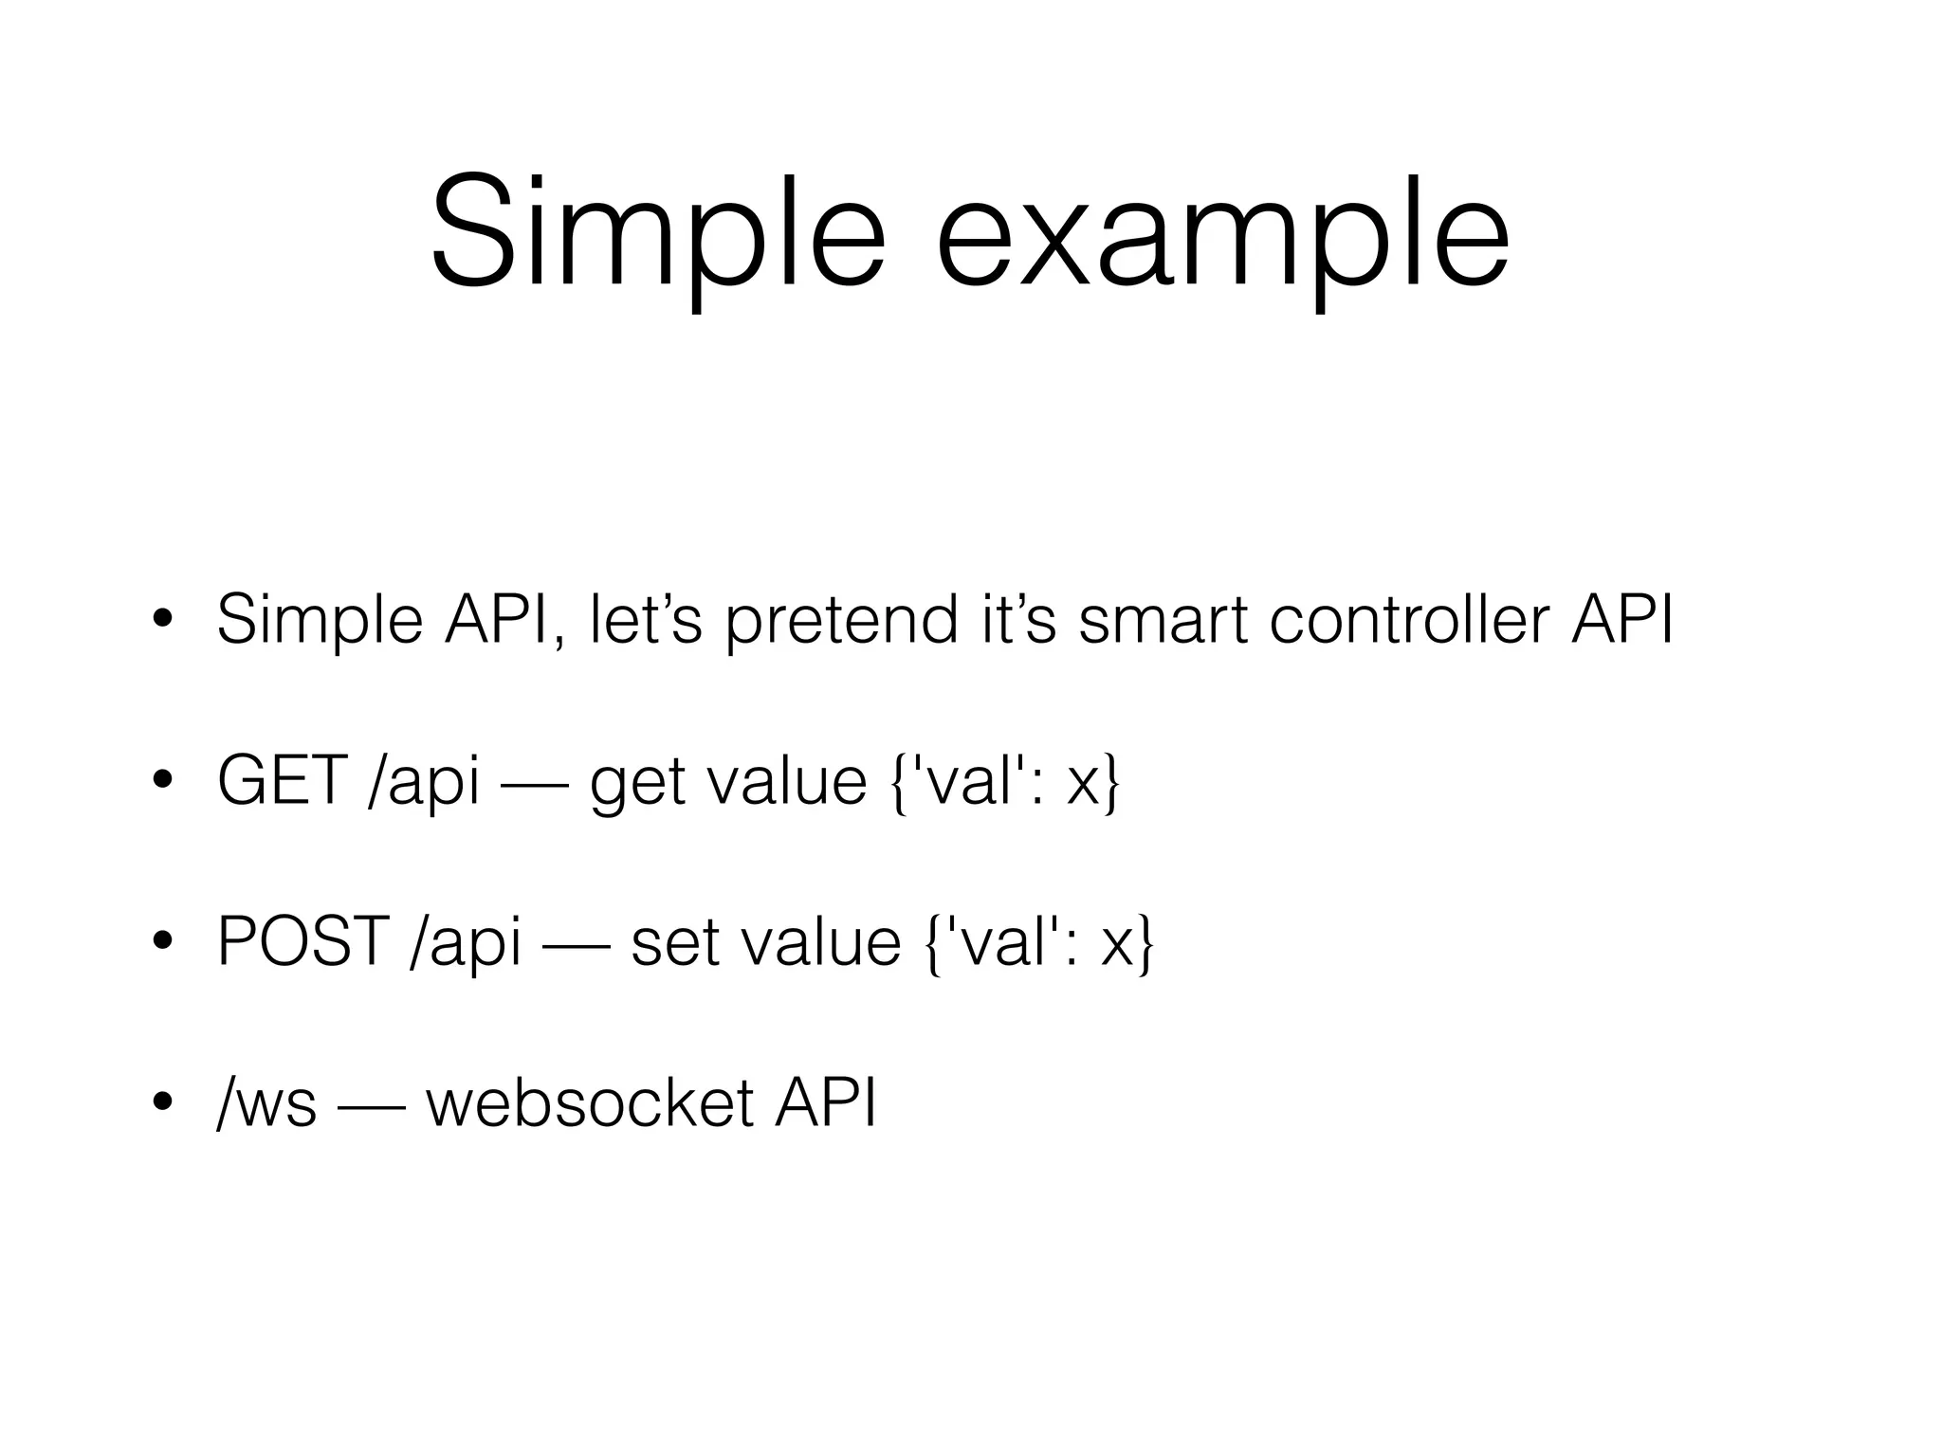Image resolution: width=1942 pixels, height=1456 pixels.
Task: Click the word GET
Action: (x=282, y=782)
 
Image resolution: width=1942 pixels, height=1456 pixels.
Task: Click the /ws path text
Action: (x=266, y=1103)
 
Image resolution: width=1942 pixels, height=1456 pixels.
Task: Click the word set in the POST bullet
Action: (x=670, y=942)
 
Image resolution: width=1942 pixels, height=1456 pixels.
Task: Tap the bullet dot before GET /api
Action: (x=162, y=781)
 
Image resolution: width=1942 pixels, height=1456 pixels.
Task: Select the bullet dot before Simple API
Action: (x=162, y=620)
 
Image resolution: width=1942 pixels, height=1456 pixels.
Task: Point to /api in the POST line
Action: (x=466, y=942)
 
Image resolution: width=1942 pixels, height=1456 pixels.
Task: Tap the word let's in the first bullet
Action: (x=645, y=621)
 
